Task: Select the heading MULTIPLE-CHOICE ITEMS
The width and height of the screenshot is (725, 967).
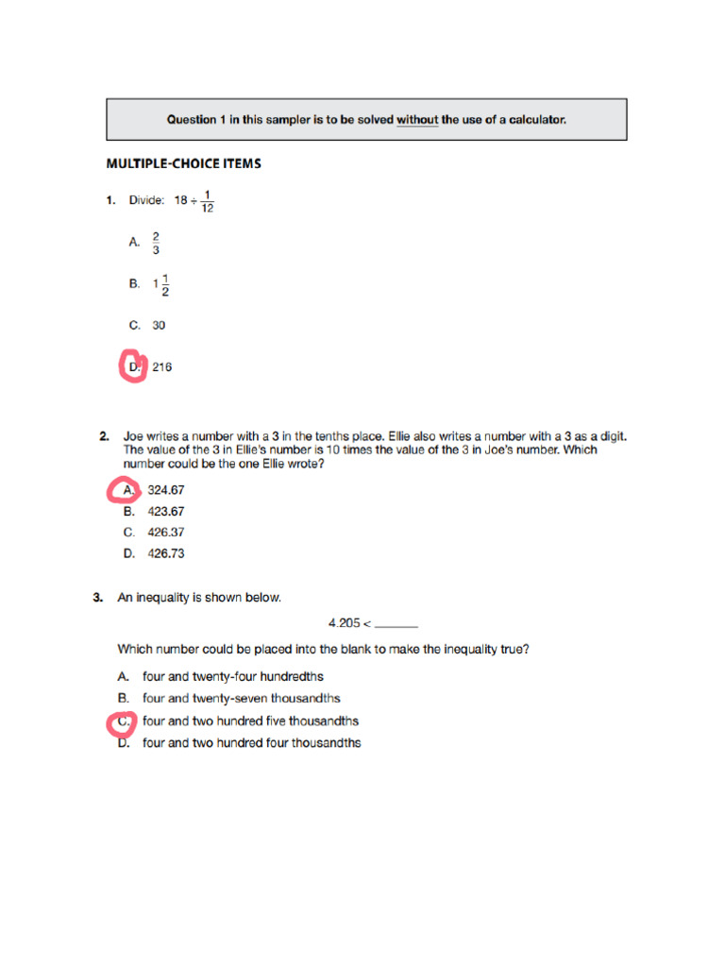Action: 183,163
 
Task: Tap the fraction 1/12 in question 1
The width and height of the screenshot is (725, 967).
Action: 207,201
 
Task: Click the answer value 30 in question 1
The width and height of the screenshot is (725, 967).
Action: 159,325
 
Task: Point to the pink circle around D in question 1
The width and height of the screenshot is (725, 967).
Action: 131,366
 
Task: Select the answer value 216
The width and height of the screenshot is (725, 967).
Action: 161,367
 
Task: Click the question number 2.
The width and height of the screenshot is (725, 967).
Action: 103,436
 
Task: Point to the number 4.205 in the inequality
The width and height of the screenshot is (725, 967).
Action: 344,623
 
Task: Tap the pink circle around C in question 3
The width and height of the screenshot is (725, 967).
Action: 122,721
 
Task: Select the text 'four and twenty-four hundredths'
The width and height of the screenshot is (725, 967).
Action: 232,676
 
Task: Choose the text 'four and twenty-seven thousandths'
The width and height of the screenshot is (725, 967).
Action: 241,699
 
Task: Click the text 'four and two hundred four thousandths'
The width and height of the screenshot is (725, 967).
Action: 251,743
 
